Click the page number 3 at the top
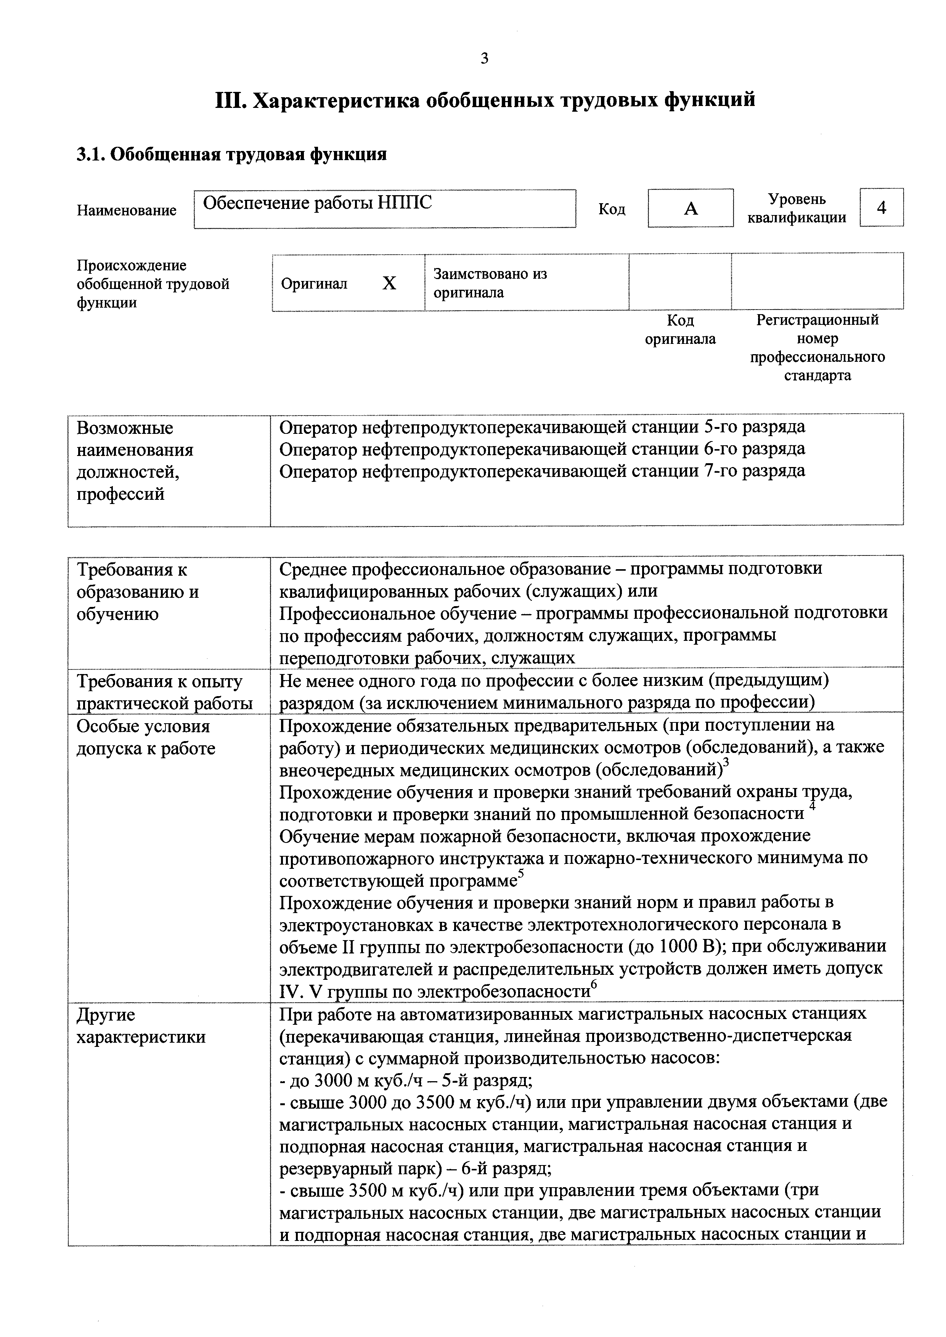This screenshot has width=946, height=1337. tap(484, 58)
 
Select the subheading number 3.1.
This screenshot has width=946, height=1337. tap(90, 155)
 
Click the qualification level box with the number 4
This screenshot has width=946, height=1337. tap(881, 207)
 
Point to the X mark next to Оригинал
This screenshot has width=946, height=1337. tap(389, 284)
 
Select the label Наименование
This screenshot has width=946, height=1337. tap(127, 210)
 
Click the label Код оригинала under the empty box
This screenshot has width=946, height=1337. tap(680, 330)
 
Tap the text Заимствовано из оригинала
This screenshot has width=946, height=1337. tap(490, 283)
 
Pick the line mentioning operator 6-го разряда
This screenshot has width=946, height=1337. tap(542, 449)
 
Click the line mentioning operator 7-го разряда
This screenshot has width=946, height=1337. tap(542, 471)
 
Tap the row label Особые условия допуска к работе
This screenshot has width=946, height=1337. tap(146, 738)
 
